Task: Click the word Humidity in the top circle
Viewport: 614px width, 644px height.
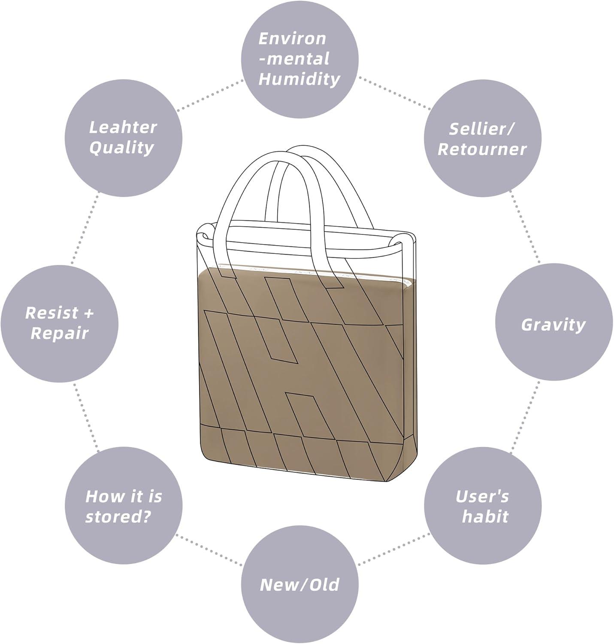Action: [299, 79]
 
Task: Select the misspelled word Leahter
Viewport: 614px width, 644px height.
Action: [123, 127]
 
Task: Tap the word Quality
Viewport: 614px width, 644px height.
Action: [122, 148]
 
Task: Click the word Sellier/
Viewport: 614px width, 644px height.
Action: [482, 128]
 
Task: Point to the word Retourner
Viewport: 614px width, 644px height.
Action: [482, 149]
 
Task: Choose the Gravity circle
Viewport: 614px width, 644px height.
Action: [554, 324]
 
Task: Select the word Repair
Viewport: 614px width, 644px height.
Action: [60, 333]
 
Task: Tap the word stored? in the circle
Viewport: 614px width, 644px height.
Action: [118, 516]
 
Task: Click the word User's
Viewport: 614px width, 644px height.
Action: [482, 496]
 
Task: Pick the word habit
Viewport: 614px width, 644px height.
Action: [485, 516]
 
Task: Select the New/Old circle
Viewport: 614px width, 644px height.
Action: [299, 585]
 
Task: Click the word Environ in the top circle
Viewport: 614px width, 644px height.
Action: [292, 39]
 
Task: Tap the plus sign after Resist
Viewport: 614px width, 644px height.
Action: [88, 313]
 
